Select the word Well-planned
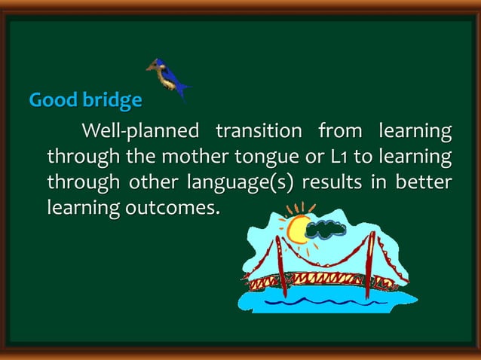click(x=139, y=132)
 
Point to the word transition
click(x=259, y=132)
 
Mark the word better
click(x=426, y=183)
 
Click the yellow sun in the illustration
click(x=299, y=227)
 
